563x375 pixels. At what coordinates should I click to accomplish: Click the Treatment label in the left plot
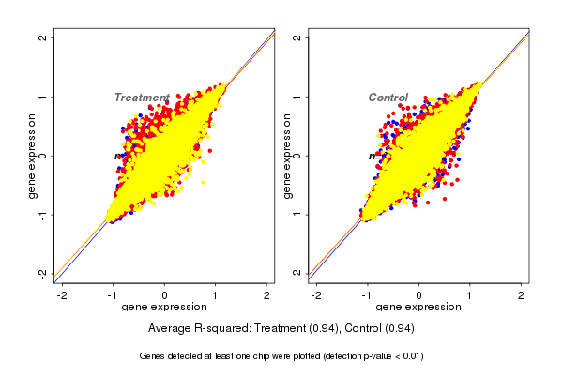141,97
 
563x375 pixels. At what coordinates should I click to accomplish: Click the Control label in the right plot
388,97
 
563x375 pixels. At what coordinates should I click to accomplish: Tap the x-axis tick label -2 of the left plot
62,296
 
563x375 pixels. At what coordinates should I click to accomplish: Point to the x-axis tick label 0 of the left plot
164,296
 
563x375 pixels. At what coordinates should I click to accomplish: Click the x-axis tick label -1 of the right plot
367,296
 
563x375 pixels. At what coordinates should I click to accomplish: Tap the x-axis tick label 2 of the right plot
521,296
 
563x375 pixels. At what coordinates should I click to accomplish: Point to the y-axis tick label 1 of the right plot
297,97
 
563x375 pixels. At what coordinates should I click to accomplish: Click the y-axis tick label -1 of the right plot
297,214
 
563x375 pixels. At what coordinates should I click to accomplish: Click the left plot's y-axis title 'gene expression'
33,156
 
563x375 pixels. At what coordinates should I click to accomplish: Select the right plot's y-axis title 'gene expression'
286,156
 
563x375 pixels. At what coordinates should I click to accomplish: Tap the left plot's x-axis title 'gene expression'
164,307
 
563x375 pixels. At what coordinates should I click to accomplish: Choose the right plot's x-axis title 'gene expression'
418,307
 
